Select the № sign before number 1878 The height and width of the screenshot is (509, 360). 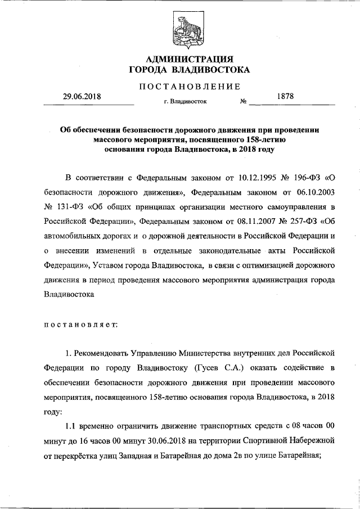(244, 103)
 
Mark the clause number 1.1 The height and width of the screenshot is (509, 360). (71, 426)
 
